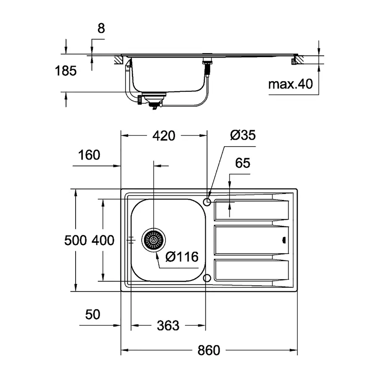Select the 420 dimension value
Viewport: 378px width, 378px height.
(164, 136)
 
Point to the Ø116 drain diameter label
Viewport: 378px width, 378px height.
(181, 256)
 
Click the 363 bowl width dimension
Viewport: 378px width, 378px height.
(168, 325)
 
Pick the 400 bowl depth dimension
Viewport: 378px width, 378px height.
(103, 240)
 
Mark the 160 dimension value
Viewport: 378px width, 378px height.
(89, 155)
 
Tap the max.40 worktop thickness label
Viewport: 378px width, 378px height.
(291, 84)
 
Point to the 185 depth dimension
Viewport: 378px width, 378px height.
(66, 71)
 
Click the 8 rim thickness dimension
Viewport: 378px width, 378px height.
(101, 29)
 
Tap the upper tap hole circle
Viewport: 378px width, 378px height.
(207, 202)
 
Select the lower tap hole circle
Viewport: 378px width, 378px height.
(207, 278)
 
